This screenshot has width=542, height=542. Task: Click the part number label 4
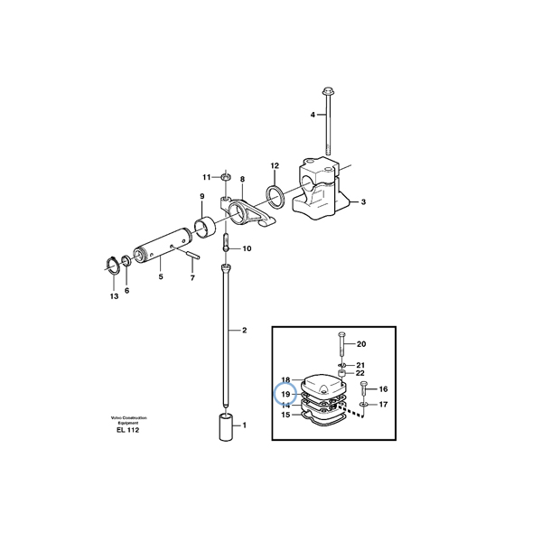[313, 115]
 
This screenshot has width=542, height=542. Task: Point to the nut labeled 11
[227, 175]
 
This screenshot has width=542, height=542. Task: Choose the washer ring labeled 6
[126, 263]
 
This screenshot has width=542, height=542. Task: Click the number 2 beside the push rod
[244, 331]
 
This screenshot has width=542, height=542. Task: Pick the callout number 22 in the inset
[360, 373]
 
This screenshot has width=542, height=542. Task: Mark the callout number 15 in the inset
[285, 416]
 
